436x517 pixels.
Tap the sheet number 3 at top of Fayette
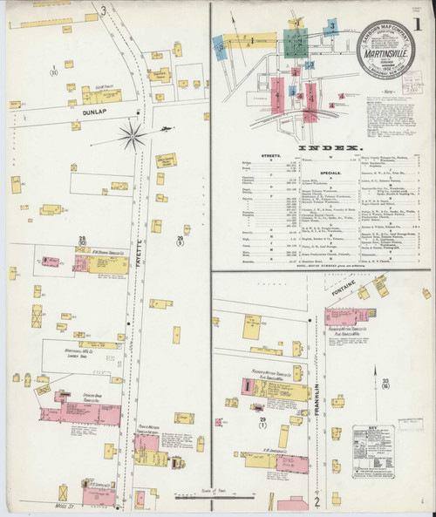pos(103,10)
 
